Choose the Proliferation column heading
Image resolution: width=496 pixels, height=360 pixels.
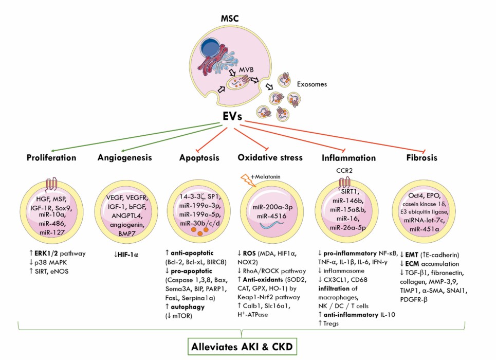51,157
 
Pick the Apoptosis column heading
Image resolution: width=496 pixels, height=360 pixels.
197,157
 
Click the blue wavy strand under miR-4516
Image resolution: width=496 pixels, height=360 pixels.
269,224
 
